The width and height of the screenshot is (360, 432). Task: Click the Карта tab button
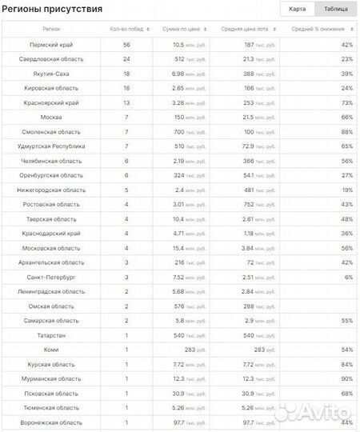point(297,9)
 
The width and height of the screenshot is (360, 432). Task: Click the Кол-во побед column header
point(126,30)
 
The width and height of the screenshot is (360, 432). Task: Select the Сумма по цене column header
point(182,30)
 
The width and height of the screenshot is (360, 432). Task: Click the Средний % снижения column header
point(318,30)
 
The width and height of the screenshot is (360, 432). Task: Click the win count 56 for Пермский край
point(126,45)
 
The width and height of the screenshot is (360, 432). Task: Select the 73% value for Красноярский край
point(347,103)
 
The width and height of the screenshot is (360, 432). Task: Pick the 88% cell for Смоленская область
point(347,132)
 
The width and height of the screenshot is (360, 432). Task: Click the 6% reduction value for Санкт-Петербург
point(349,277)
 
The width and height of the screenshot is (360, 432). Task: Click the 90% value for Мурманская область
point(347,378)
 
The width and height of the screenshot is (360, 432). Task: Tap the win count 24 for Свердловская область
point(126,59)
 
